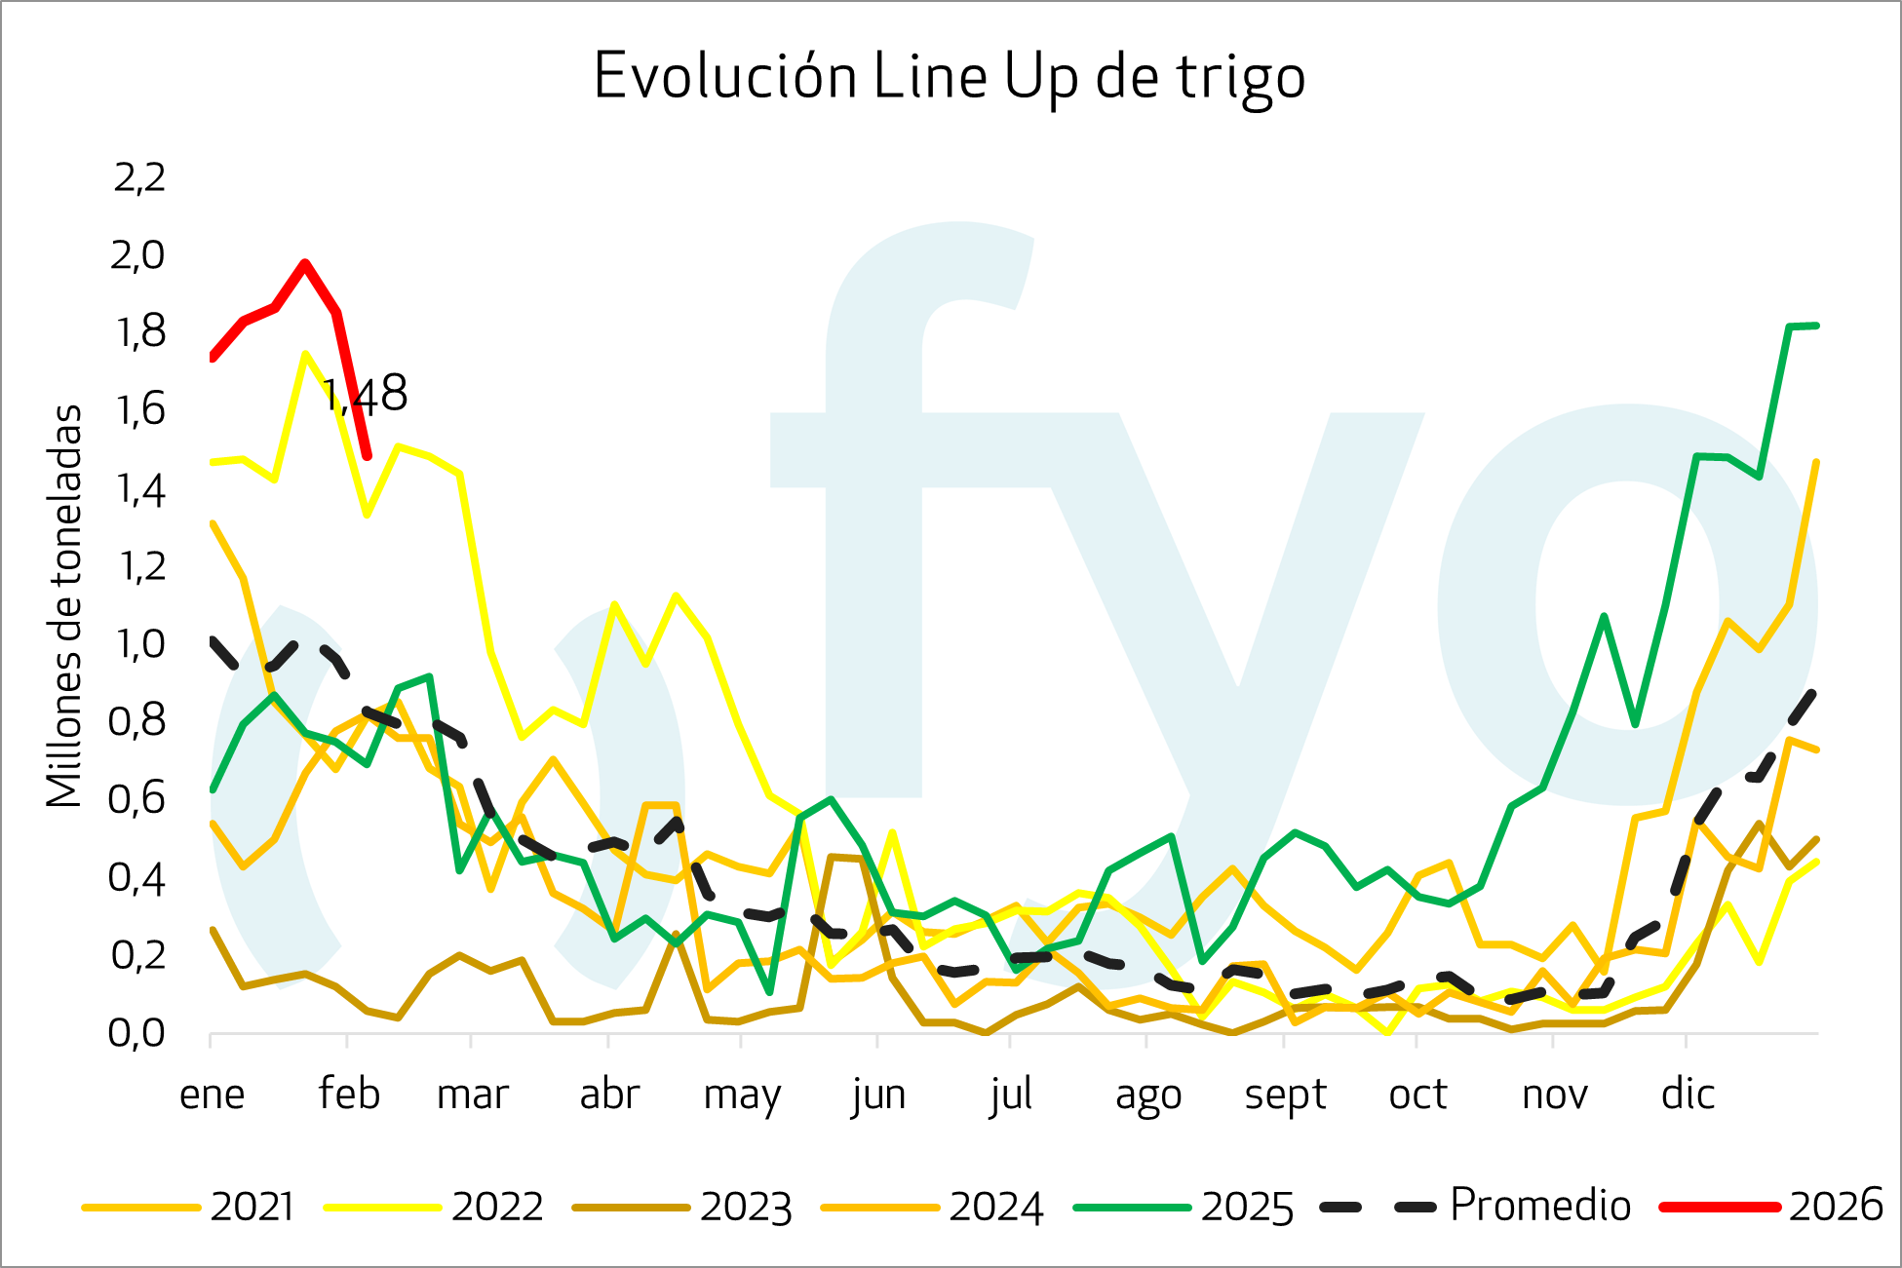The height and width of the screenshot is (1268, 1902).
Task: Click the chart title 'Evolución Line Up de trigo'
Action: (949, 77)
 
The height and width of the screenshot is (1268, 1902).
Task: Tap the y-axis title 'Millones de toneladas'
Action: (64, 606)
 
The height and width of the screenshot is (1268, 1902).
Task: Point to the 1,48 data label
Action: (365, 395)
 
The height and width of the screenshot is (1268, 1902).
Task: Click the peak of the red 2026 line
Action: (305, 263)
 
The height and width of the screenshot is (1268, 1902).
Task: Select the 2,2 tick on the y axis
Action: (139, 177)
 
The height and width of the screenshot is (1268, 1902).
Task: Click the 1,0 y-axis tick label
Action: (139, 644)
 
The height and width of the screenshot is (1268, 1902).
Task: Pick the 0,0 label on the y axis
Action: (137, 1032)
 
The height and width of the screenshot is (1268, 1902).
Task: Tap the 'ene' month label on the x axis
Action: (212, 1095)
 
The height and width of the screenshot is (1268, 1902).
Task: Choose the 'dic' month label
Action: (1688, 1095)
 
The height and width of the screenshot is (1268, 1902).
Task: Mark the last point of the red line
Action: (368, 456)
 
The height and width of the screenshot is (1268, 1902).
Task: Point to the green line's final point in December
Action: (1816, 326)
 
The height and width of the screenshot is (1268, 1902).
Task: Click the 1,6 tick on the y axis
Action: (139, 410)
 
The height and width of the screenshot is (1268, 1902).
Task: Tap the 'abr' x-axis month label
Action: (609, 1095)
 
